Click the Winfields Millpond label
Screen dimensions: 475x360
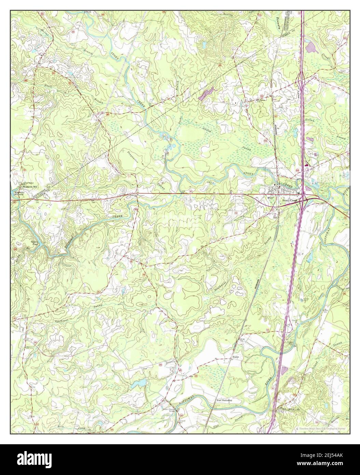pos(22,193)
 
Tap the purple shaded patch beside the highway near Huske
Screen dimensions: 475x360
pos(284,372)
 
